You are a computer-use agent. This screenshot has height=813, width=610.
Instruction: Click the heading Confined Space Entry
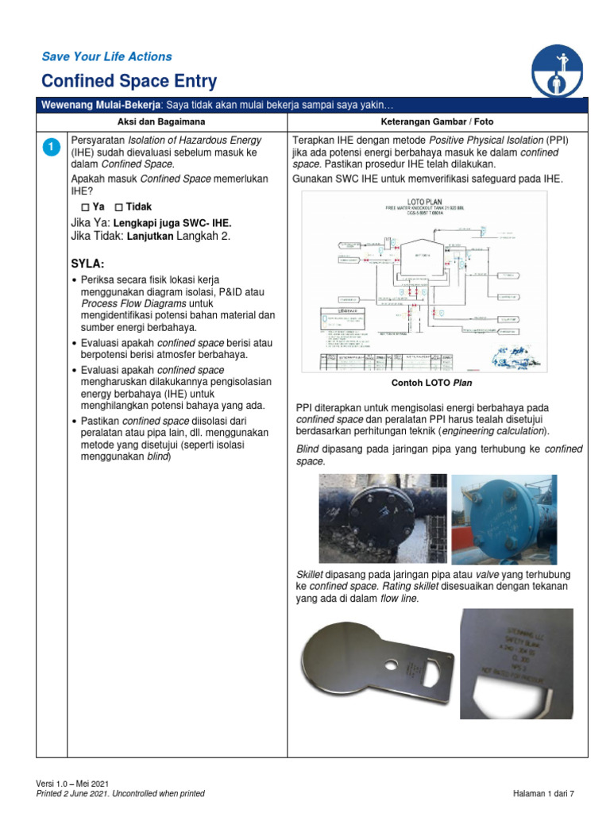pyautogui.click(x=129, y=81)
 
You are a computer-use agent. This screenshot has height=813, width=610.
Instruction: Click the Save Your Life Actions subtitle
pyautogui.click(x=106, y=56)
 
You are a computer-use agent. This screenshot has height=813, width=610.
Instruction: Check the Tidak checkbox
pyautogui.click(x=119, y=206)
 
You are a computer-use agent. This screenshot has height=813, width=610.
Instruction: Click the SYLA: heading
pyautogui.click(x=87, y=263)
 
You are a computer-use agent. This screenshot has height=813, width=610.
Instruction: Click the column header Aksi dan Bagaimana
pyautogui.click(x=161, y=121)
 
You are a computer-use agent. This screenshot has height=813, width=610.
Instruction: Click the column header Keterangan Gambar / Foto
pyautogui.click(x=437, y=121)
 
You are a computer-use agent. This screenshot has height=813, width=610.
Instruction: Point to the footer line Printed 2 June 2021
pyautogui.click(x=121, y=793)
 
